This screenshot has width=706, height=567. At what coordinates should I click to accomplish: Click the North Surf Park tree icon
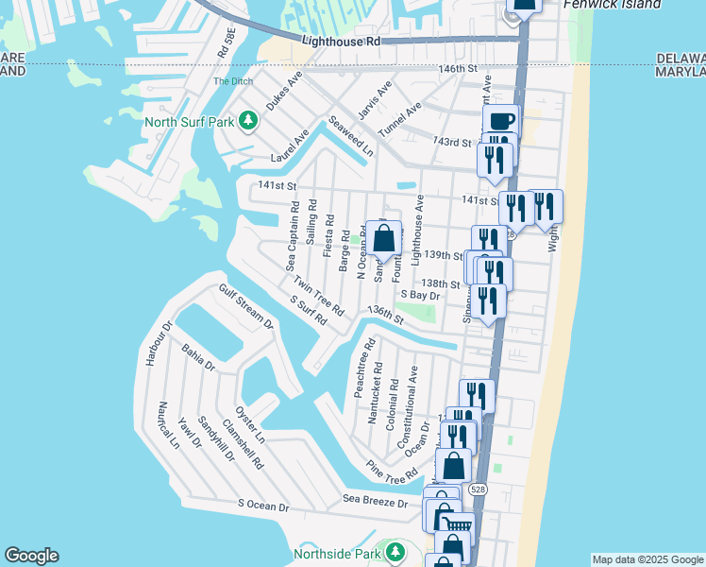pos(247,121)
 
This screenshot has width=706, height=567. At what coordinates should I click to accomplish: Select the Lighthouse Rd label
pos(341,42)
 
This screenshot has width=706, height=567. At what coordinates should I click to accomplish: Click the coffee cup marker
pos(501,122)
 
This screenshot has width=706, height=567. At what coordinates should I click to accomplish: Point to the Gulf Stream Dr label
pos(245,307)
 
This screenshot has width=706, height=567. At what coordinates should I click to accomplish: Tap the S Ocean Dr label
pos(263,506)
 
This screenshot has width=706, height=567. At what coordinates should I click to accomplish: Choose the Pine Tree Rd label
pos(392,468)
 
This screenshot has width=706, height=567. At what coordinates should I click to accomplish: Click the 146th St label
pos(458,69)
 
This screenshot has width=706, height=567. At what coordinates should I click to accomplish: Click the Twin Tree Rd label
pos(318,297)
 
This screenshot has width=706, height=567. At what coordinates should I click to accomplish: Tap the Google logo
pos(31,556)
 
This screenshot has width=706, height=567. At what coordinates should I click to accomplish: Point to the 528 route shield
pos(478,489)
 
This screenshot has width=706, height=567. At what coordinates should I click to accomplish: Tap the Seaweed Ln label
pos(351,137)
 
